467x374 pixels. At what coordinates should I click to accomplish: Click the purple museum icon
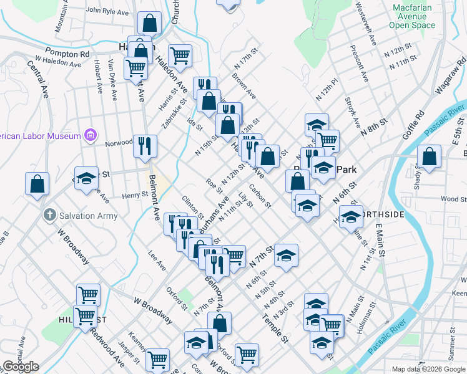click(x=91, y=135)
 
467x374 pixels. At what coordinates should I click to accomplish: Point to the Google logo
click(x=21, y=367)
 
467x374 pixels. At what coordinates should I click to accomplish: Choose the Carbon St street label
click(x=260, y=196)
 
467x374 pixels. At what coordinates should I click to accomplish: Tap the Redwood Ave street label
click(x=107, y=352)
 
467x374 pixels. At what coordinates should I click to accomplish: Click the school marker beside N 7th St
click(x=286, y=256)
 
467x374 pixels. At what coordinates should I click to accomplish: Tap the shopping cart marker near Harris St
click(x=180, y=55)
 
